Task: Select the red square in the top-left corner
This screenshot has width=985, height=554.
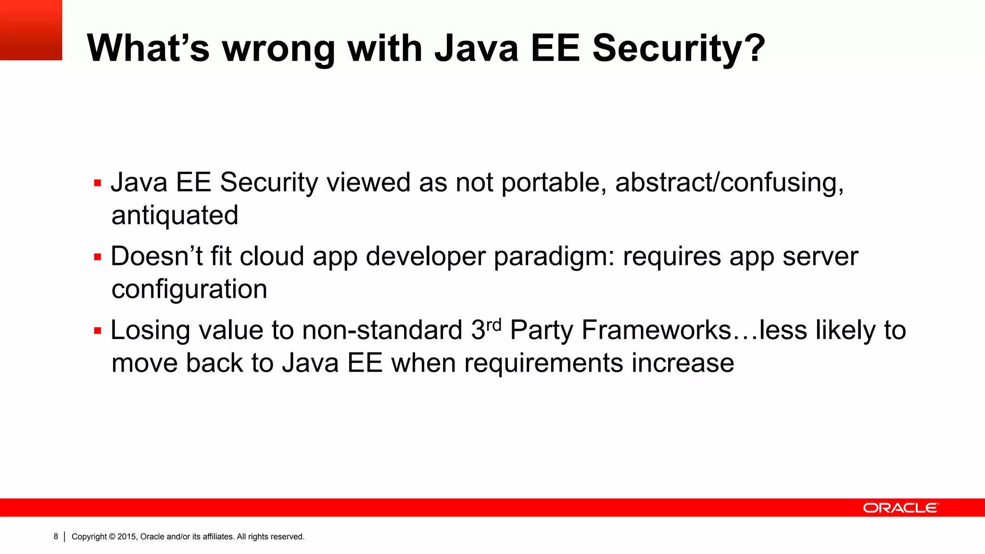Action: click(x=31, y=30)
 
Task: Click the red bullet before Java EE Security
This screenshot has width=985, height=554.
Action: click(x=98, y=183)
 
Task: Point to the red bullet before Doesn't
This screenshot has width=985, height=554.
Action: click(x=98, y=257)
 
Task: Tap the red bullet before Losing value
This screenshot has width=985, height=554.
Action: click(x=98, y=331)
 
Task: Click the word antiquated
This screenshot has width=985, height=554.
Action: click(x=175, y=215)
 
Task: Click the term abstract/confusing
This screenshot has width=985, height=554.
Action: click(x=729, y=183)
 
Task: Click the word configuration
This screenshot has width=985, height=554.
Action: click(x=189, y=289)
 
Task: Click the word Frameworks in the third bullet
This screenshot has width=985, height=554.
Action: click(x=657, y=330)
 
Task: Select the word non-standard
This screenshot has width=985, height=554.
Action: click(x=382, y=330)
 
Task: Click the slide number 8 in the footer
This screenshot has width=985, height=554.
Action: click(x=56, y=536)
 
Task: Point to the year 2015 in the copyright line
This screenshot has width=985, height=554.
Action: click(x=127, y=537)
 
